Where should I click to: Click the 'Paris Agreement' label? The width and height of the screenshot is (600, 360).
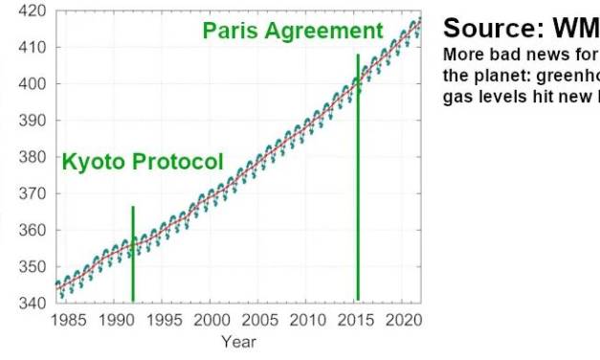293,31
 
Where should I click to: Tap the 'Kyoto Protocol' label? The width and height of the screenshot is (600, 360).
143,162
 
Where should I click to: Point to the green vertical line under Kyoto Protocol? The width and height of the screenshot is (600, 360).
133,254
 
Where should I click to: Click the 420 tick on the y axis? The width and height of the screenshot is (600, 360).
35,11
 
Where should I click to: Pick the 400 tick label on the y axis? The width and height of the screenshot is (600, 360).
35,84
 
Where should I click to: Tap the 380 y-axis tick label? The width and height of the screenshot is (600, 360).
35,157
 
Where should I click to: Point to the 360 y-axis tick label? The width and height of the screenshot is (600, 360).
35,231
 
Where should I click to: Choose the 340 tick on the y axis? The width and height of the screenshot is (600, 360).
35,304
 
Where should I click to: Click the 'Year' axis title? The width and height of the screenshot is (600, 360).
238,341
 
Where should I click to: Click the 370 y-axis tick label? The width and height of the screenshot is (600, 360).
35,194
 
